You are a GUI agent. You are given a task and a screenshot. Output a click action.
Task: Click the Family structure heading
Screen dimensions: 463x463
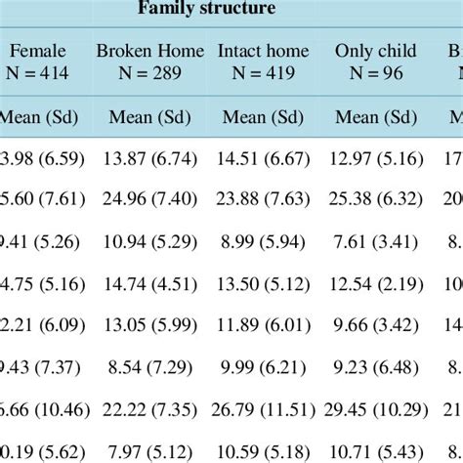point(206,9)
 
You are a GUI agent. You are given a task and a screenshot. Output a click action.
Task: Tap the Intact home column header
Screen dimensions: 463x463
point(263,50)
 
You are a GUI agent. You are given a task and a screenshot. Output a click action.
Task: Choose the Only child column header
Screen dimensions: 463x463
point(375,50)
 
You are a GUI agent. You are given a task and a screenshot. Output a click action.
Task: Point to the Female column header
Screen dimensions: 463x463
point(37,50)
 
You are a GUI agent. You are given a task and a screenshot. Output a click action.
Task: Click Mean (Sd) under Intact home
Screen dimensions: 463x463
point(263,119)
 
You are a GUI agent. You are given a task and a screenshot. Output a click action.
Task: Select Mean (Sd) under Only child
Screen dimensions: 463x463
point(375,119)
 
